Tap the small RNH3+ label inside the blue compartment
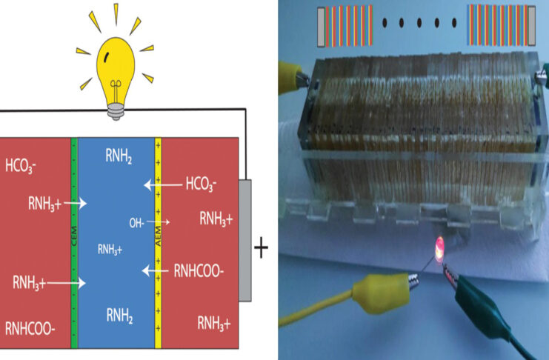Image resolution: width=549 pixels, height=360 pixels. coord(110,250)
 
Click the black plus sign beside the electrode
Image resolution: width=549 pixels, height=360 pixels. coord(261,248)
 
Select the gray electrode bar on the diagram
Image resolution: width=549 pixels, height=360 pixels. coord(244,240)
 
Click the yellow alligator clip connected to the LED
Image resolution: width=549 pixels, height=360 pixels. coord(377,286)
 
